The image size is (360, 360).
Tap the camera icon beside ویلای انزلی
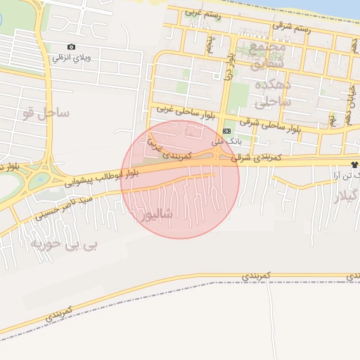pyautogui.click(x=70, y=46)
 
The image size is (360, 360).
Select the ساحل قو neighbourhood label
pyautogui.click(x=46, y=112)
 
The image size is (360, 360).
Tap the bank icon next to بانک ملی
pyautogui.click(x=226, y=131)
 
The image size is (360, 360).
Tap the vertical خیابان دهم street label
pyautogui.click(x=349, y=105)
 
